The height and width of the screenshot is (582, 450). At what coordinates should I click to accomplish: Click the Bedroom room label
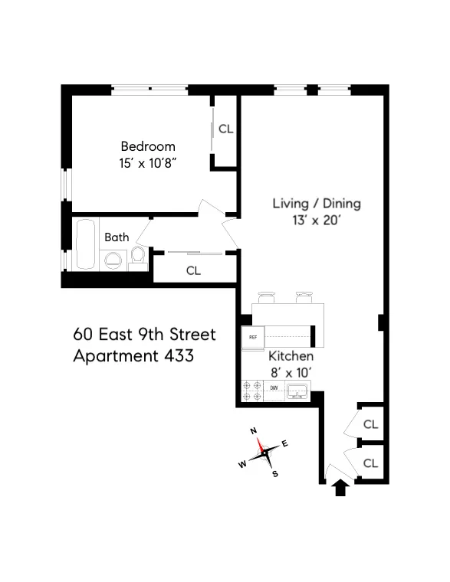click(x=148, y=146)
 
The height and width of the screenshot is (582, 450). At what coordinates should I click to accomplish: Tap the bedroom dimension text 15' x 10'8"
click(x=148, y=162)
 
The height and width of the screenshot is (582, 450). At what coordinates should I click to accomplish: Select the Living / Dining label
click(x=317, y=204)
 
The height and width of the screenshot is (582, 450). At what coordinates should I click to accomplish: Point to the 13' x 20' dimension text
click(x=317, y=220)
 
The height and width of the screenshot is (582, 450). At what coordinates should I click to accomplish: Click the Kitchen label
click(x=291, y=357)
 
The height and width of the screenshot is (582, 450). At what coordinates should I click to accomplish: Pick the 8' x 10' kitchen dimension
click(x=291, y=374)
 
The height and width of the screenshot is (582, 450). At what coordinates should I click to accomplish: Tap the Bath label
click(x=117, y=237)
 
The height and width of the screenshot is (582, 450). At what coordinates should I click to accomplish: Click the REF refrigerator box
click(x=252, y=337)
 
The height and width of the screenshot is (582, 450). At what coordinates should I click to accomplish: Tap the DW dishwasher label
click(x=274, y=389)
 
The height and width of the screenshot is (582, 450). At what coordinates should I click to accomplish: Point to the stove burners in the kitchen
click(x=252, y=391)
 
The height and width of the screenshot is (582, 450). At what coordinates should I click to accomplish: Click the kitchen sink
click(x=296, y=391)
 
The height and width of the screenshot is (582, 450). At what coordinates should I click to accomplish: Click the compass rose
click(x=264, y=453)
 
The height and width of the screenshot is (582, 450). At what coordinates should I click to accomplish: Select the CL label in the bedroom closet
click(x=225, y=129)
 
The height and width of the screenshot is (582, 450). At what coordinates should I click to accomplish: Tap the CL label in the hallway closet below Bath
click(x=193, y=270)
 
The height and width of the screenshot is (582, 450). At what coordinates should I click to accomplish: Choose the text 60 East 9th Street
click(x=145, y=335)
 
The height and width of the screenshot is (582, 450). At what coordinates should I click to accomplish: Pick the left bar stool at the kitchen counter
click(x=267, y=296)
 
